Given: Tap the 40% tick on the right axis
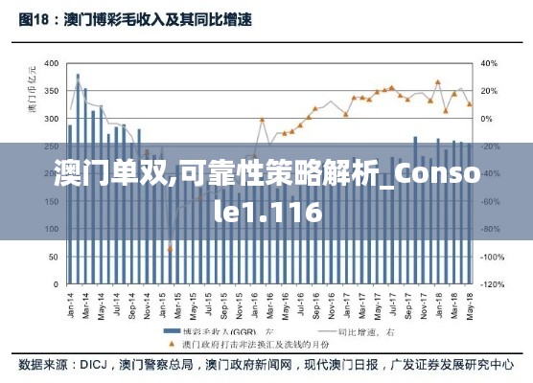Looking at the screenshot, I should [488, 64].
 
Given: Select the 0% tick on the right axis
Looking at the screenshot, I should [486, 120].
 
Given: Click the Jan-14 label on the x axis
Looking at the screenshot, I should [70, 304].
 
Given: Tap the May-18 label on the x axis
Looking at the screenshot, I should [469, 304].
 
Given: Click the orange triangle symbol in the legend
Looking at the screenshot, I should [170, 342].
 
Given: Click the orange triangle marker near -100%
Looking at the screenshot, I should [170, 250].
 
